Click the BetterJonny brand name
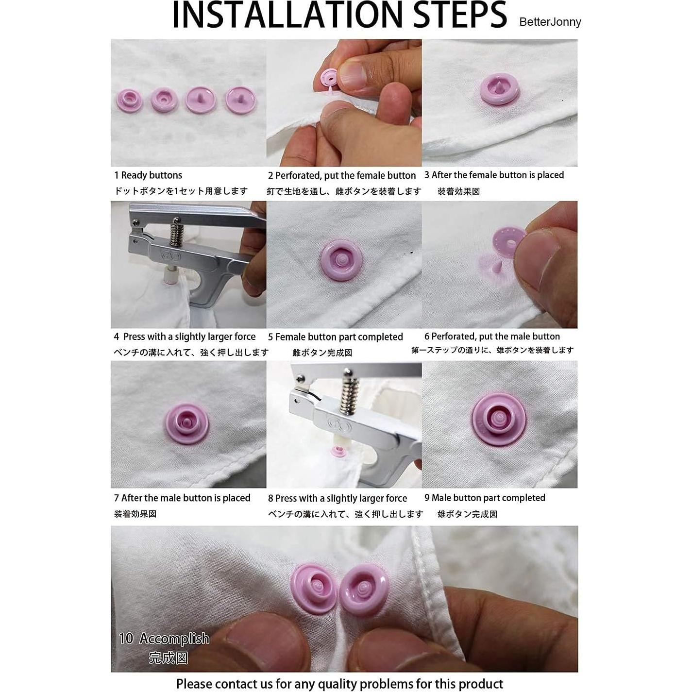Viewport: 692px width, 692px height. [x=550, y=22]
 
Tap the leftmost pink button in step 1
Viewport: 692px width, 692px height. [x=129, y=101]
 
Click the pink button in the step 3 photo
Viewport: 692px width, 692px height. [x=500, y=89]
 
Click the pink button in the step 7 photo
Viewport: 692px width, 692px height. [x=187, y=423]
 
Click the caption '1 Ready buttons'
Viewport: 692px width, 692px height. [x=148, y=175]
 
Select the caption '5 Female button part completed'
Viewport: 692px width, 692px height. [x=336, y=337]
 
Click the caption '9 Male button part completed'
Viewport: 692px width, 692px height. [x=485, y=498]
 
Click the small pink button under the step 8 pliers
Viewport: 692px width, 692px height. [x=338, y=452]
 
